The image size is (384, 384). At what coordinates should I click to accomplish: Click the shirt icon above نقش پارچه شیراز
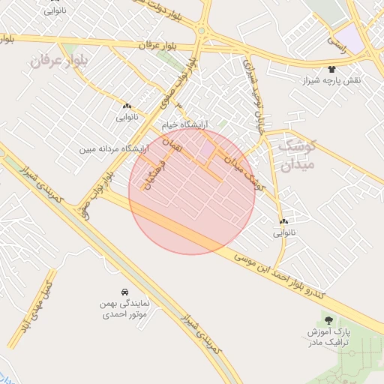point(331,68)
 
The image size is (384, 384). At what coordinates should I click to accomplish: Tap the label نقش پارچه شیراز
point(331,79)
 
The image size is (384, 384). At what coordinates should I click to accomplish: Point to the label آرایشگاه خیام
point(185,124)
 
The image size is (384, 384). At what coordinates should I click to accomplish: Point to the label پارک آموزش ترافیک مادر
point(328,337)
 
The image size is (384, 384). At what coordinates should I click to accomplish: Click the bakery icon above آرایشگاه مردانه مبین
point(127,106)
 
